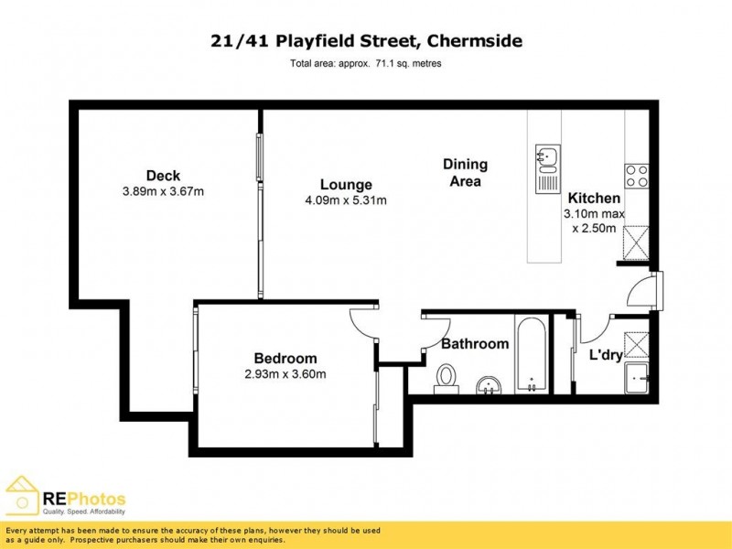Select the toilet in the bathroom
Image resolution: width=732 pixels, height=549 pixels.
(447, 378)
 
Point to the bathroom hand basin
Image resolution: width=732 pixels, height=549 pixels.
(490, 385)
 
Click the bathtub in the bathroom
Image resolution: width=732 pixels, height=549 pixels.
(531, 355)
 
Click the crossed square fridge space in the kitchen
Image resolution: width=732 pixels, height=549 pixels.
(636, 242)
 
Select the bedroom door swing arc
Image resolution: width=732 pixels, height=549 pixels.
(362, 323)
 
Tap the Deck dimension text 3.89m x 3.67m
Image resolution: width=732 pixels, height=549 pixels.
(162, 192)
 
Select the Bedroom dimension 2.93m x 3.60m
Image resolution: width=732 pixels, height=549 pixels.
(285, 374)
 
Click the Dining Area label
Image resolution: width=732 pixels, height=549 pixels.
(465, 173)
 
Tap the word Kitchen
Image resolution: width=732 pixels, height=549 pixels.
(594, 198)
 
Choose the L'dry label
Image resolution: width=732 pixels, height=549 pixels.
(606, 354)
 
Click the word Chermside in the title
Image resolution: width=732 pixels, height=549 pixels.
(468, 41)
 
